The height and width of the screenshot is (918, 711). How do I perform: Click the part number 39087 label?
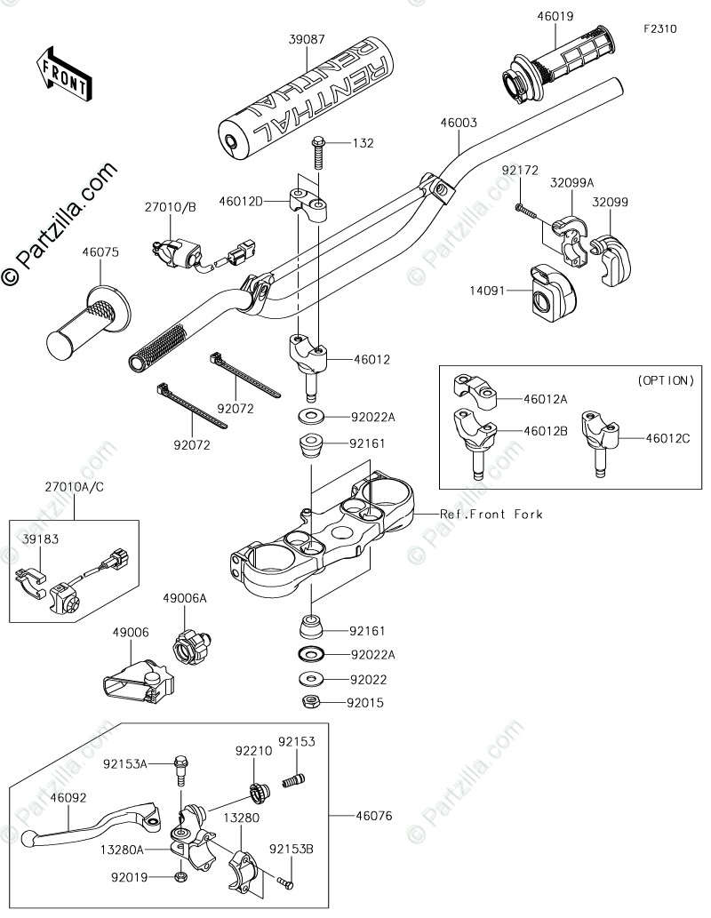pos(308,40)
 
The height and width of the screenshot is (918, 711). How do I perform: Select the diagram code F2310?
pos(660,28)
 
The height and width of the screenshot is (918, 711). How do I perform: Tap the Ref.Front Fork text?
pos(491,514)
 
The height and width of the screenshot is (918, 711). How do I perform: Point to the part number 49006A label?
pos(184,599)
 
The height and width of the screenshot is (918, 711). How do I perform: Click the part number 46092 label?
pos(68,798)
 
